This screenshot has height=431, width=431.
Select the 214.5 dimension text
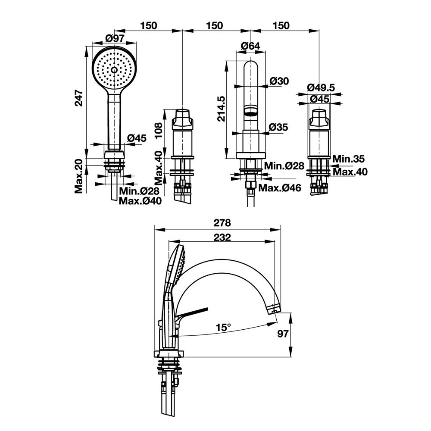[x=221, y=109]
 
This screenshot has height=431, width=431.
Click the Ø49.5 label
[x=321, y=87]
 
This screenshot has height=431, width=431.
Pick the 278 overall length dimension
[x=222, y=223]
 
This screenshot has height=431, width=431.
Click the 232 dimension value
[x=222, y=237]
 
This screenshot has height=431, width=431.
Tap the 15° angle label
[x=224, y=327]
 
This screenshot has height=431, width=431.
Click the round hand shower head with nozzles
[x=114, y=69]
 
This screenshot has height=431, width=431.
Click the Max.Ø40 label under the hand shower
[x=140, y=201]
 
